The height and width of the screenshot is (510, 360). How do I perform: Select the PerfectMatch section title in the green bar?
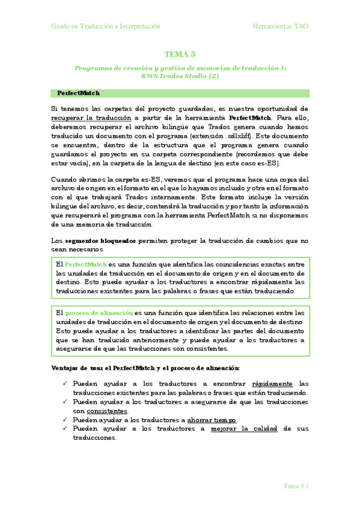tap(78, 93)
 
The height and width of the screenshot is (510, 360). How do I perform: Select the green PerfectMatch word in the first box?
tap(85, 264)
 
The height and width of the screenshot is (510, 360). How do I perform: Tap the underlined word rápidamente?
tap(272, 383)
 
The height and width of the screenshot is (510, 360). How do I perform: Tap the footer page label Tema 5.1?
tap(296, 486)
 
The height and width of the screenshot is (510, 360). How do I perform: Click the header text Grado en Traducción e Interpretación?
tap(105, 26)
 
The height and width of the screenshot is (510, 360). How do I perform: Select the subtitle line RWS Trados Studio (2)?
tap(180, 76)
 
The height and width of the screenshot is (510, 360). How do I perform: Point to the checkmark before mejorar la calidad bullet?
tap(64, 428)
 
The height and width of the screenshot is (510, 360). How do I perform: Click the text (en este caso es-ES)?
tap(253, 164)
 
